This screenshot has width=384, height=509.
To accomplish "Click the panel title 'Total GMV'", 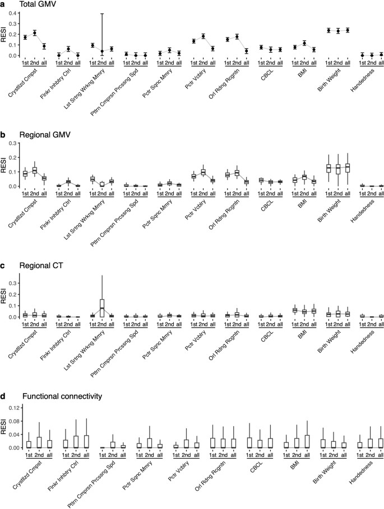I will click(x=33, y=4).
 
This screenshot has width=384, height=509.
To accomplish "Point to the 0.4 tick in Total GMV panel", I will click(x=14, y=13).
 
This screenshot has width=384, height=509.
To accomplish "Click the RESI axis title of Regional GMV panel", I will click(x=5, y=164).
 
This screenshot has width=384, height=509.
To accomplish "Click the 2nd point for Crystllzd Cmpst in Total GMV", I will click(x=35, y=33).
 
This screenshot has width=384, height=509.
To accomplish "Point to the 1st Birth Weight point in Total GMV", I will click(x=329, y=30).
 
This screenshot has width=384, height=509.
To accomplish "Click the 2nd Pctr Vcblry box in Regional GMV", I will click(x=203, y=172).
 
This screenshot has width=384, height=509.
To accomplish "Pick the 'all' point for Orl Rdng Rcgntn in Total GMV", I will click(x=247, y=51).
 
